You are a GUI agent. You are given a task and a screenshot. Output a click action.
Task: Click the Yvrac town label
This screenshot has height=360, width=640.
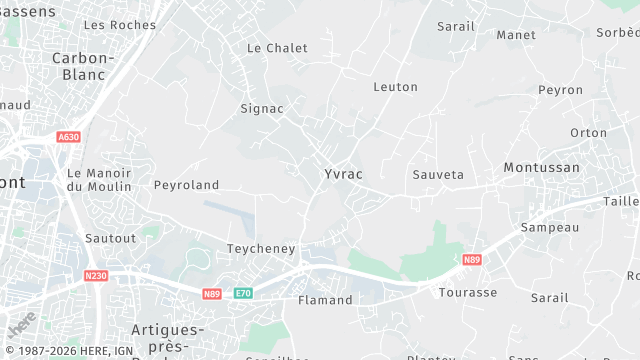343,174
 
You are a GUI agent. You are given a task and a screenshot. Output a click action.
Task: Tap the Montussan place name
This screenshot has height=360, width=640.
541,167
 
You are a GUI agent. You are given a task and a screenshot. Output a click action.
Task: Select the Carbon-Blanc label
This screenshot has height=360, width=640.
84,66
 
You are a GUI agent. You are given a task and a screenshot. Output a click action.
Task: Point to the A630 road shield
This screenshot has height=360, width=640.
68,137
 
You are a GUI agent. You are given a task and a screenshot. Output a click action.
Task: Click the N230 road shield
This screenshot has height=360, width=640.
96,275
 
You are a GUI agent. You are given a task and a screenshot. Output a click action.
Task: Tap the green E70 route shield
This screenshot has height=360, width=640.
243,293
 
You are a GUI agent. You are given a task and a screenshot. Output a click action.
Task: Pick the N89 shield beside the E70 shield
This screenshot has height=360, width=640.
212,293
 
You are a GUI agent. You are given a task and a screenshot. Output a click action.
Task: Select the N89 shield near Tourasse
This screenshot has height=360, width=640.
472,260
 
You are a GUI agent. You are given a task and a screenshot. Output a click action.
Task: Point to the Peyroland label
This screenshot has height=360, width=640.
186,185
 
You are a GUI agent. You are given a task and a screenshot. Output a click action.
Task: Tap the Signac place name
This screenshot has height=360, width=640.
262,108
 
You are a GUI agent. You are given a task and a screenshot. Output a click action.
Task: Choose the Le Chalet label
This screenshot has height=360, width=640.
277,48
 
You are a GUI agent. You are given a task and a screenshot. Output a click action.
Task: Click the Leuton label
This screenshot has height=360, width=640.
395,87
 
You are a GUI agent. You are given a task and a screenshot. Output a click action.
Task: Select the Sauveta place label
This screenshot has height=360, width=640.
438,174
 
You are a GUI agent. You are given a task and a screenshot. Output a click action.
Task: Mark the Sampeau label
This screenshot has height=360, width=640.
550,228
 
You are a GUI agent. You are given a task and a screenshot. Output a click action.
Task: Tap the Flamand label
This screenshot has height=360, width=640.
326,300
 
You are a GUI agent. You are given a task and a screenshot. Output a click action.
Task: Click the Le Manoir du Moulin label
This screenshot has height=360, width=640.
99,180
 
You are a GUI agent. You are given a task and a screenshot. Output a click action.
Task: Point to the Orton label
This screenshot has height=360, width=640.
588,132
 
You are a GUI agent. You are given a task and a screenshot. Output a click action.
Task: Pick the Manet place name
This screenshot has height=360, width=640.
516,35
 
